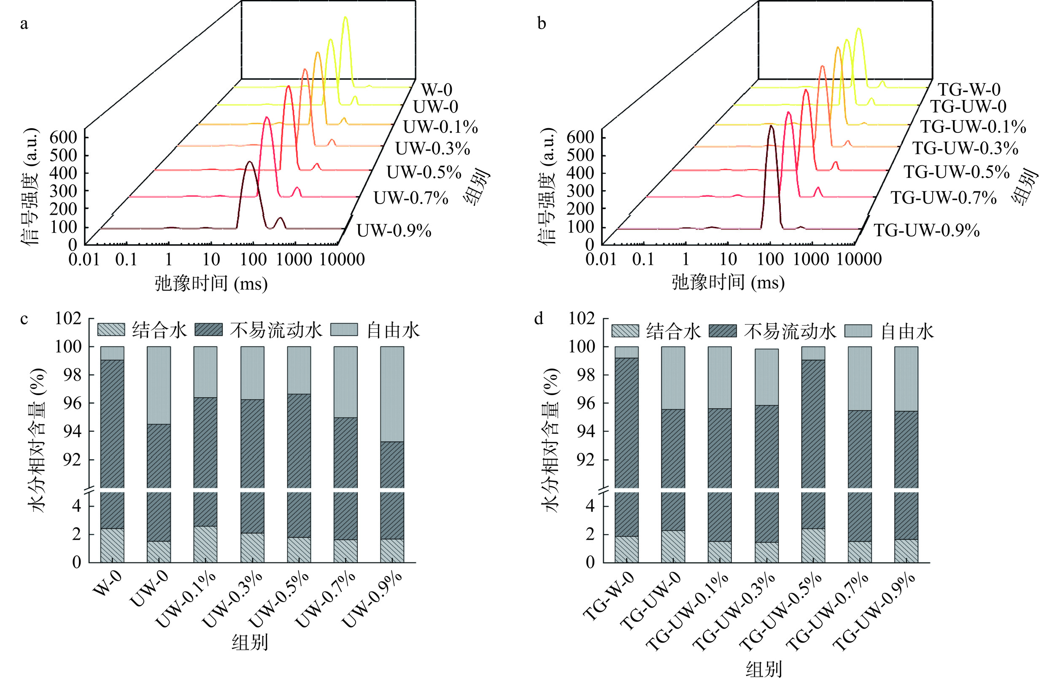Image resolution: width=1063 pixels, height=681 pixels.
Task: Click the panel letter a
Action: pos(24,24)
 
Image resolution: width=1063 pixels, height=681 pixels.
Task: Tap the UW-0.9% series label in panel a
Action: pos(394,231)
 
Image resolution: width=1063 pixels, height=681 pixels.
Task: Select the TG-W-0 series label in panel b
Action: pos(969,89)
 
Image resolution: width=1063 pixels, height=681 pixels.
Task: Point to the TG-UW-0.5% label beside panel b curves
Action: pos(956,172)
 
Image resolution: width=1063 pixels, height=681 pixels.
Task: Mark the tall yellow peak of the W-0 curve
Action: pos(345,19)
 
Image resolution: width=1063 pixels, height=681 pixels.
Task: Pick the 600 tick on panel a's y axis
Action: pos(63,137)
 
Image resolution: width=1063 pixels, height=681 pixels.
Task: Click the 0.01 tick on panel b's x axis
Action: pos(601,260)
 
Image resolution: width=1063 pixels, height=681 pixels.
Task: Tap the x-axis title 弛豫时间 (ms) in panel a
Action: pos(211,283)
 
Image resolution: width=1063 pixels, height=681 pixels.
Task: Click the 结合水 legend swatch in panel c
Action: pos(111,330)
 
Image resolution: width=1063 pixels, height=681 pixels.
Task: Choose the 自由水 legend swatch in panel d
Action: pos(858,331)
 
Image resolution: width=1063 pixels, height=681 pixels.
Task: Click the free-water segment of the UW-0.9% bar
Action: pos(392,393)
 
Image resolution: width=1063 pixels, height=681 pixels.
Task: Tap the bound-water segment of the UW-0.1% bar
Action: pos(205,544)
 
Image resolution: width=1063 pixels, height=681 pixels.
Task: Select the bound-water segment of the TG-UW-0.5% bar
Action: pos(813,545)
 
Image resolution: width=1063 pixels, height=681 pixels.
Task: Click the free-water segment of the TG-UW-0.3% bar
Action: pos(766,377)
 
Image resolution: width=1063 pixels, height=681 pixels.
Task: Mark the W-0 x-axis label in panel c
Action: pos(107,583)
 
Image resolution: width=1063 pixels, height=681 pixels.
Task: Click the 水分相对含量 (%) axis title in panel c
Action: pos(39,440)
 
